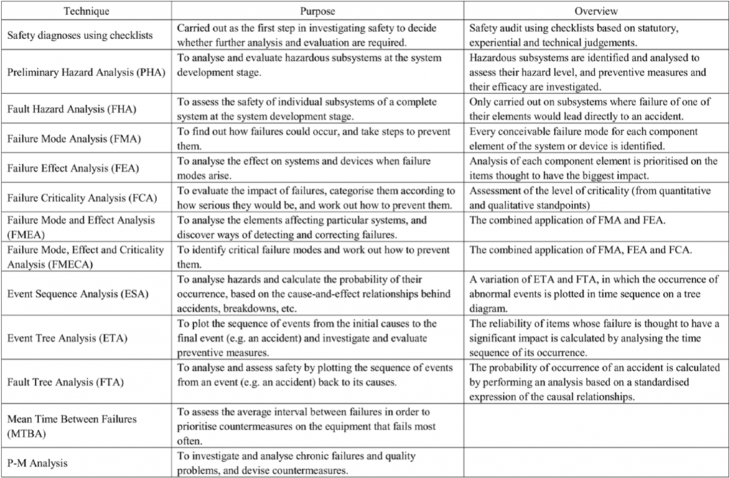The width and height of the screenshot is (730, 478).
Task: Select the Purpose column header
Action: [x=318, y=12]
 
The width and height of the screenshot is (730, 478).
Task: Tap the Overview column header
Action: [x=595, y=12]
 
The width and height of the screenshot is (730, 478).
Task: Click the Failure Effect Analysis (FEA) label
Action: [x=73, y=168]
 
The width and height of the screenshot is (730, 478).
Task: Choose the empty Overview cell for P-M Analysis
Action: [x=595, y=463]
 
